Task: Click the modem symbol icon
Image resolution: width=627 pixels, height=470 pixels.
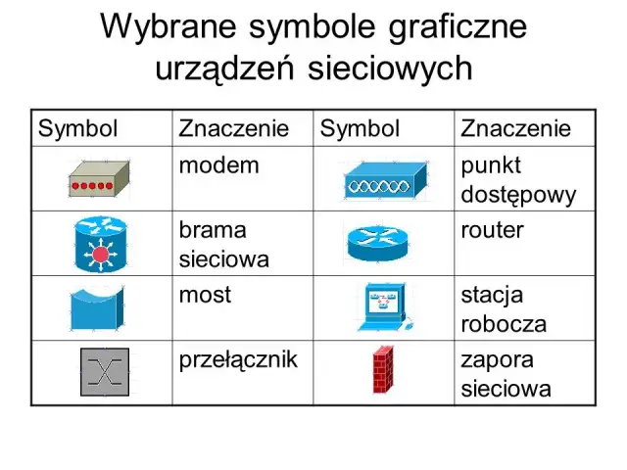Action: point(100,179)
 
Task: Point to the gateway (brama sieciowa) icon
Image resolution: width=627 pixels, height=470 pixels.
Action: point(101,244)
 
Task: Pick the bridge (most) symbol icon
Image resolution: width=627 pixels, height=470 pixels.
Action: point(97,307)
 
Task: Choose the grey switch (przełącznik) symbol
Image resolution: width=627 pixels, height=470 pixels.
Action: point(104,372)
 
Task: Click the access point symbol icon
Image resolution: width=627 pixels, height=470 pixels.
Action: point(386,180)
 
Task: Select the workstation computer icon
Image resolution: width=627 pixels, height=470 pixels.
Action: point(384,307)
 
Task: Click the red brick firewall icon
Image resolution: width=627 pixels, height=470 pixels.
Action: point(384,370)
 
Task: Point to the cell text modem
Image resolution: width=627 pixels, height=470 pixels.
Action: point(218,164)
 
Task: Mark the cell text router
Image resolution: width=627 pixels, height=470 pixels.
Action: point(492,230)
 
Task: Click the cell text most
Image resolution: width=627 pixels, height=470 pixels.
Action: point(205,294)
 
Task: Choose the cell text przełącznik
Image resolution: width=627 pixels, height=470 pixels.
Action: point(238,358)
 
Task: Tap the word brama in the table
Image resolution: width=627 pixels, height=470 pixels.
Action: point(213,230)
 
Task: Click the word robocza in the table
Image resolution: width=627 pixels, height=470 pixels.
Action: point(504,324)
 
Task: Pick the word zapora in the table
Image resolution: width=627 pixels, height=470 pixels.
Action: point(496,358)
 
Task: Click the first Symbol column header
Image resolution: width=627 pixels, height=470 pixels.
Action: point(77,128)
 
